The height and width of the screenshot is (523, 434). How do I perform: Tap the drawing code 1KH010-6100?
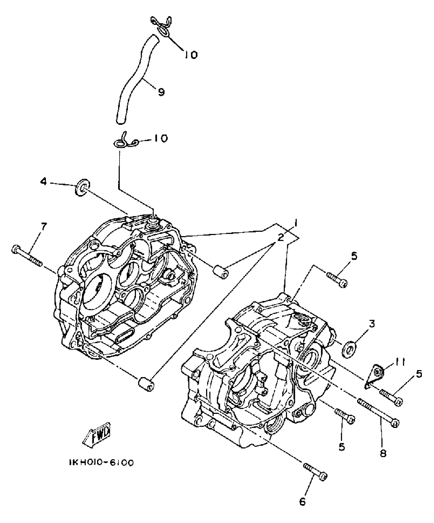point(101,463)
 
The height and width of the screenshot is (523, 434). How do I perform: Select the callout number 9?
point(161,92)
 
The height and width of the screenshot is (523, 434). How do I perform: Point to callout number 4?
point(44,182)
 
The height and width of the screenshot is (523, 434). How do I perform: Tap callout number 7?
point(44,227)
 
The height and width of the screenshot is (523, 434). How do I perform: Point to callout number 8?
point(383,453)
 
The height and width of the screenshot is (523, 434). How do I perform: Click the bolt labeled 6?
point(316,471)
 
